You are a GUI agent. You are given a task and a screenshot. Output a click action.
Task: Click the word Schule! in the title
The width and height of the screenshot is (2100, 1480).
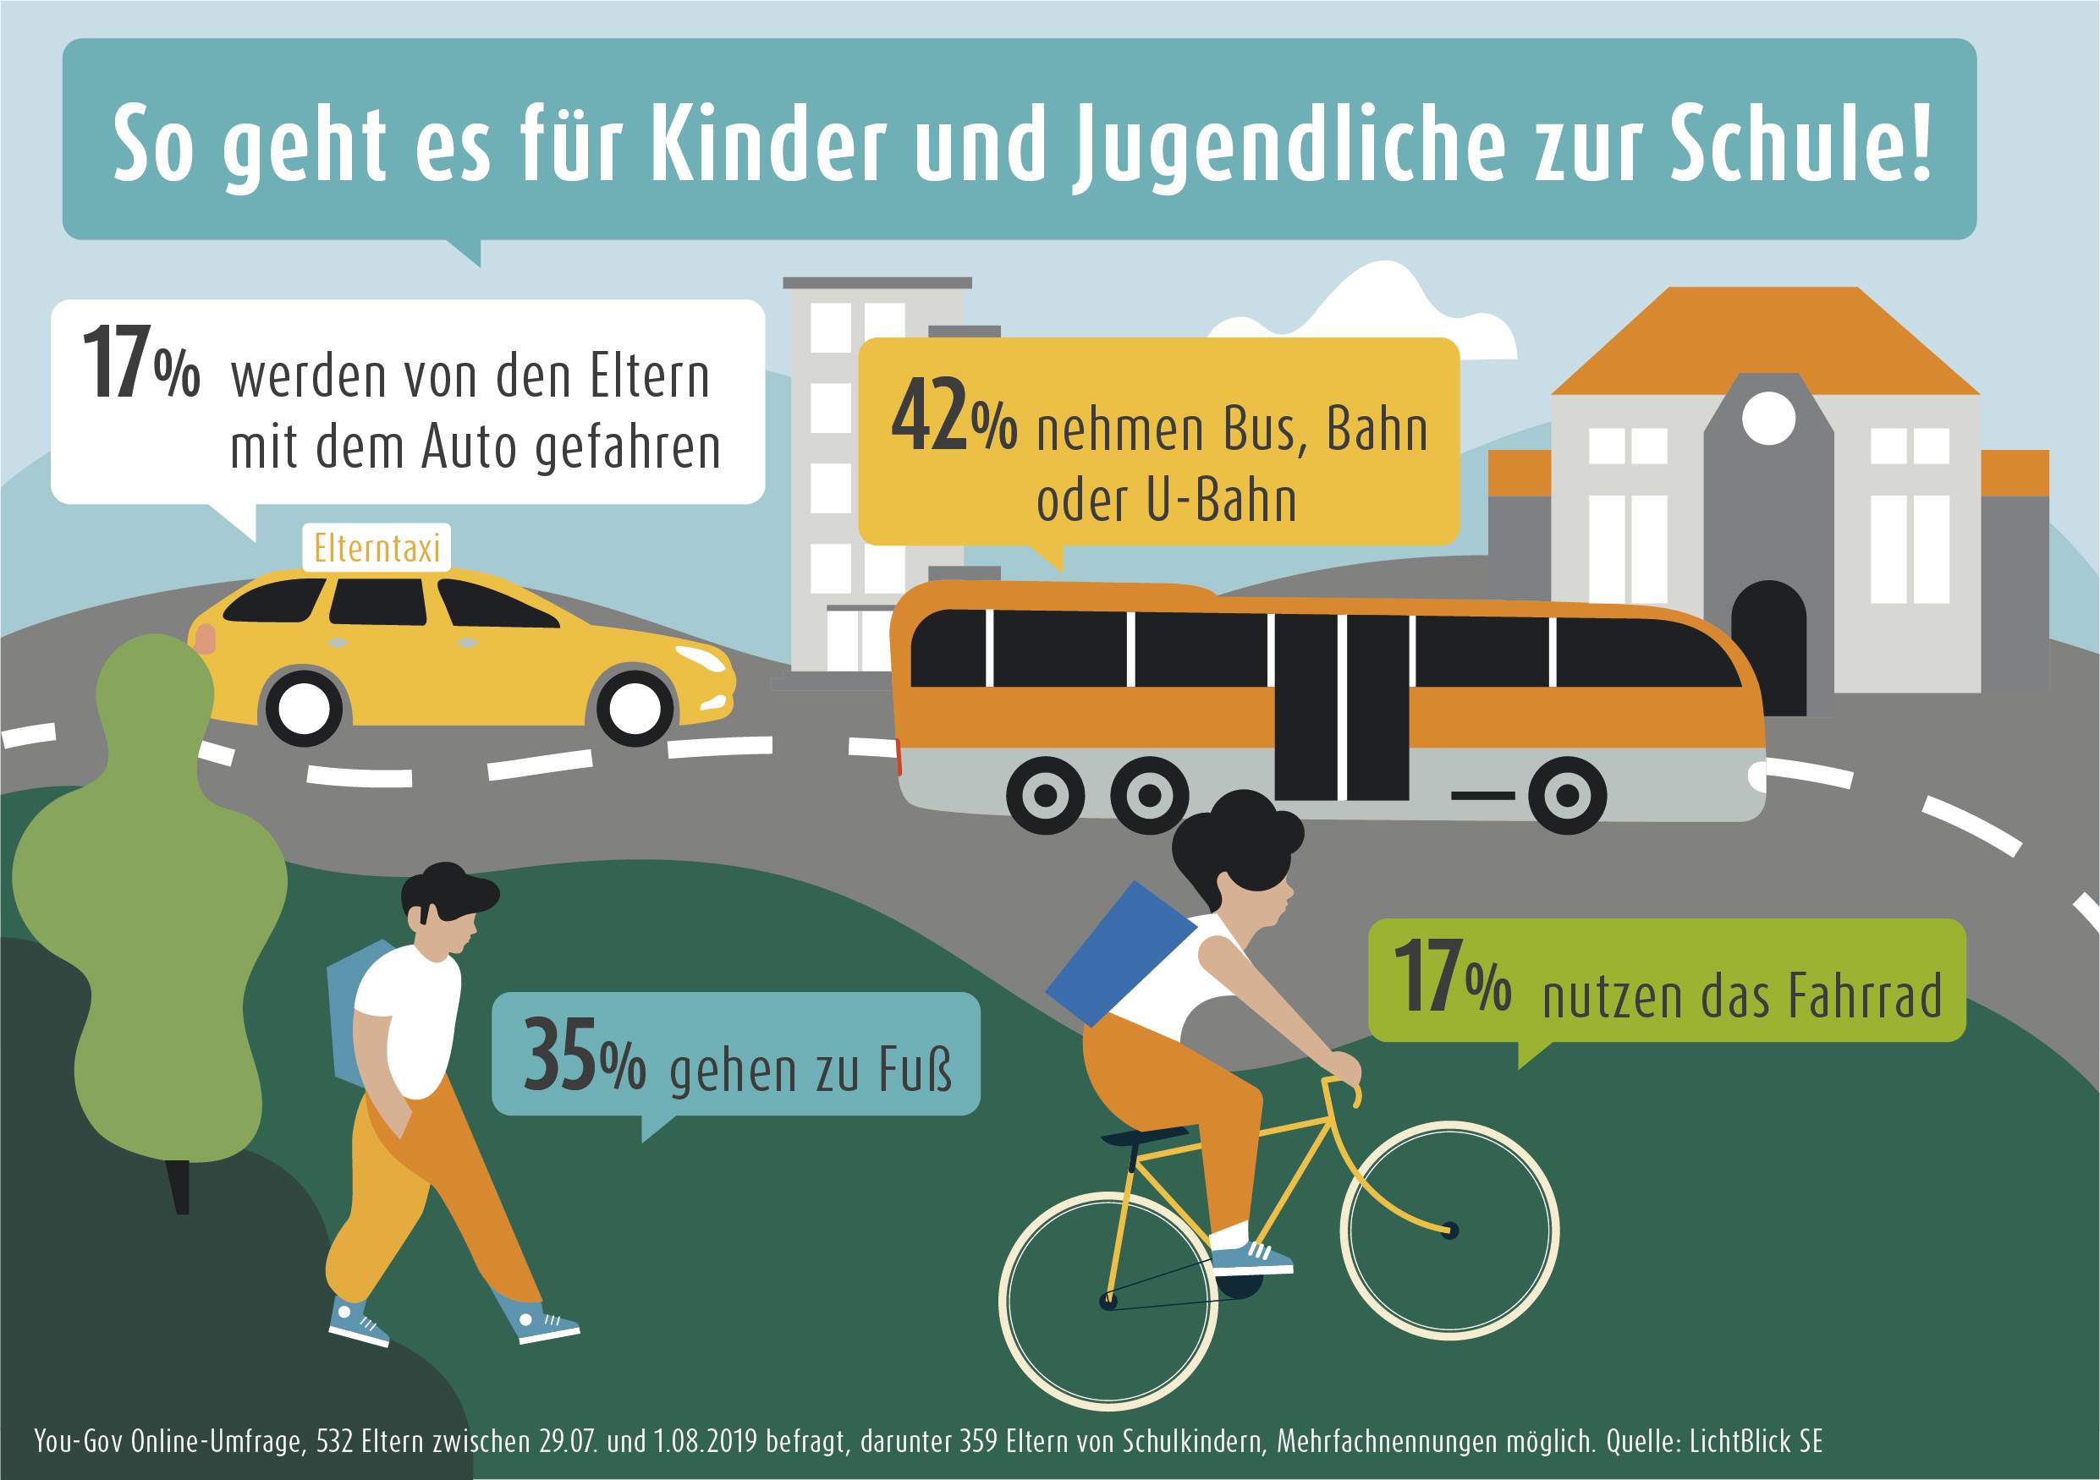point(1801,145)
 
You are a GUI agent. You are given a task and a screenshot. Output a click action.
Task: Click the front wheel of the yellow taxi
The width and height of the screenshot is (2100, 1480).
point(635,707)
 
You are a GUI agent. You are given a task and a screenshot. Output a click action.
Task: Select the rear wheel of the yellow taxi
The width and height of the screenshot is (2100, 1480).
point(305,707)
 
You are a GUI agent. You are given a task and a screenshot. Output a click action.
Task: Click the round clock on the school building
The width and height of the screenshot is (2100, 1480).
point(1768,419)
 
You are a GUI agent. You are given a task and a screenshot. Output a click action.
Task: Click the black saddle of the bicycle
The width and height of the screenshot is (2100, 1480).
point(1143,1137)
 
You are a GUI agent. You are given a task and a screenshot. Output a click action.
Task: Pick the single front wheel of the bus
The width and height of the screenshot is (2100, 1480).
point(1566,794)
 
